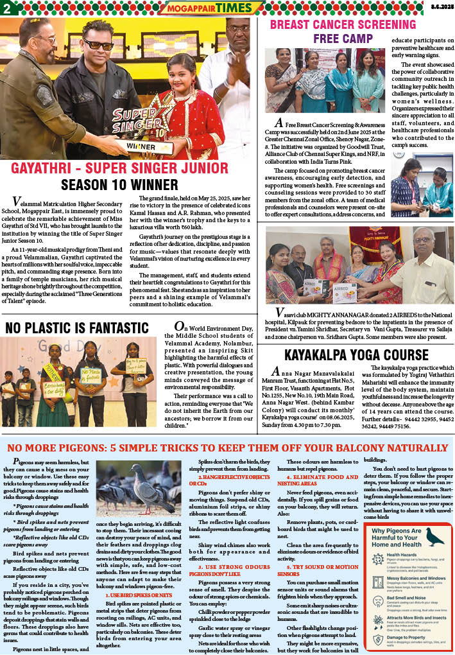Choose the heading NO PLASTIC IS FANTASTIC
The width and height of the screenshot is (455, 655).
pos(77,328)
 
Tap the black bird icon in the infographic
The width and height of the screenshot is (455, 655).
pos(434,537)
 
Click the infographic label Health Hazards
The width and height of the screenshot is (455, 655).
pos(402,554)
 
